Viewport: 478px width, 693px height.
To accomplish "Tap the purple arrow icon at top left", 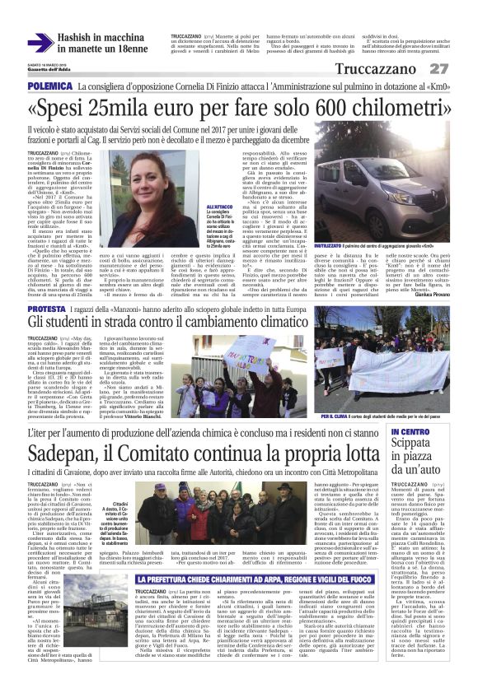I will pos(40,43).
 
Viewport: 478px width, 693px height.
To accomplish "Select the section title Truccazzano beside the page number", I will pos(380,69).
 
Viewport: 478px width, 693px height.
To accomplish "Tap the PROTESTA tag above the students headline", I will pos(48,309).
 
